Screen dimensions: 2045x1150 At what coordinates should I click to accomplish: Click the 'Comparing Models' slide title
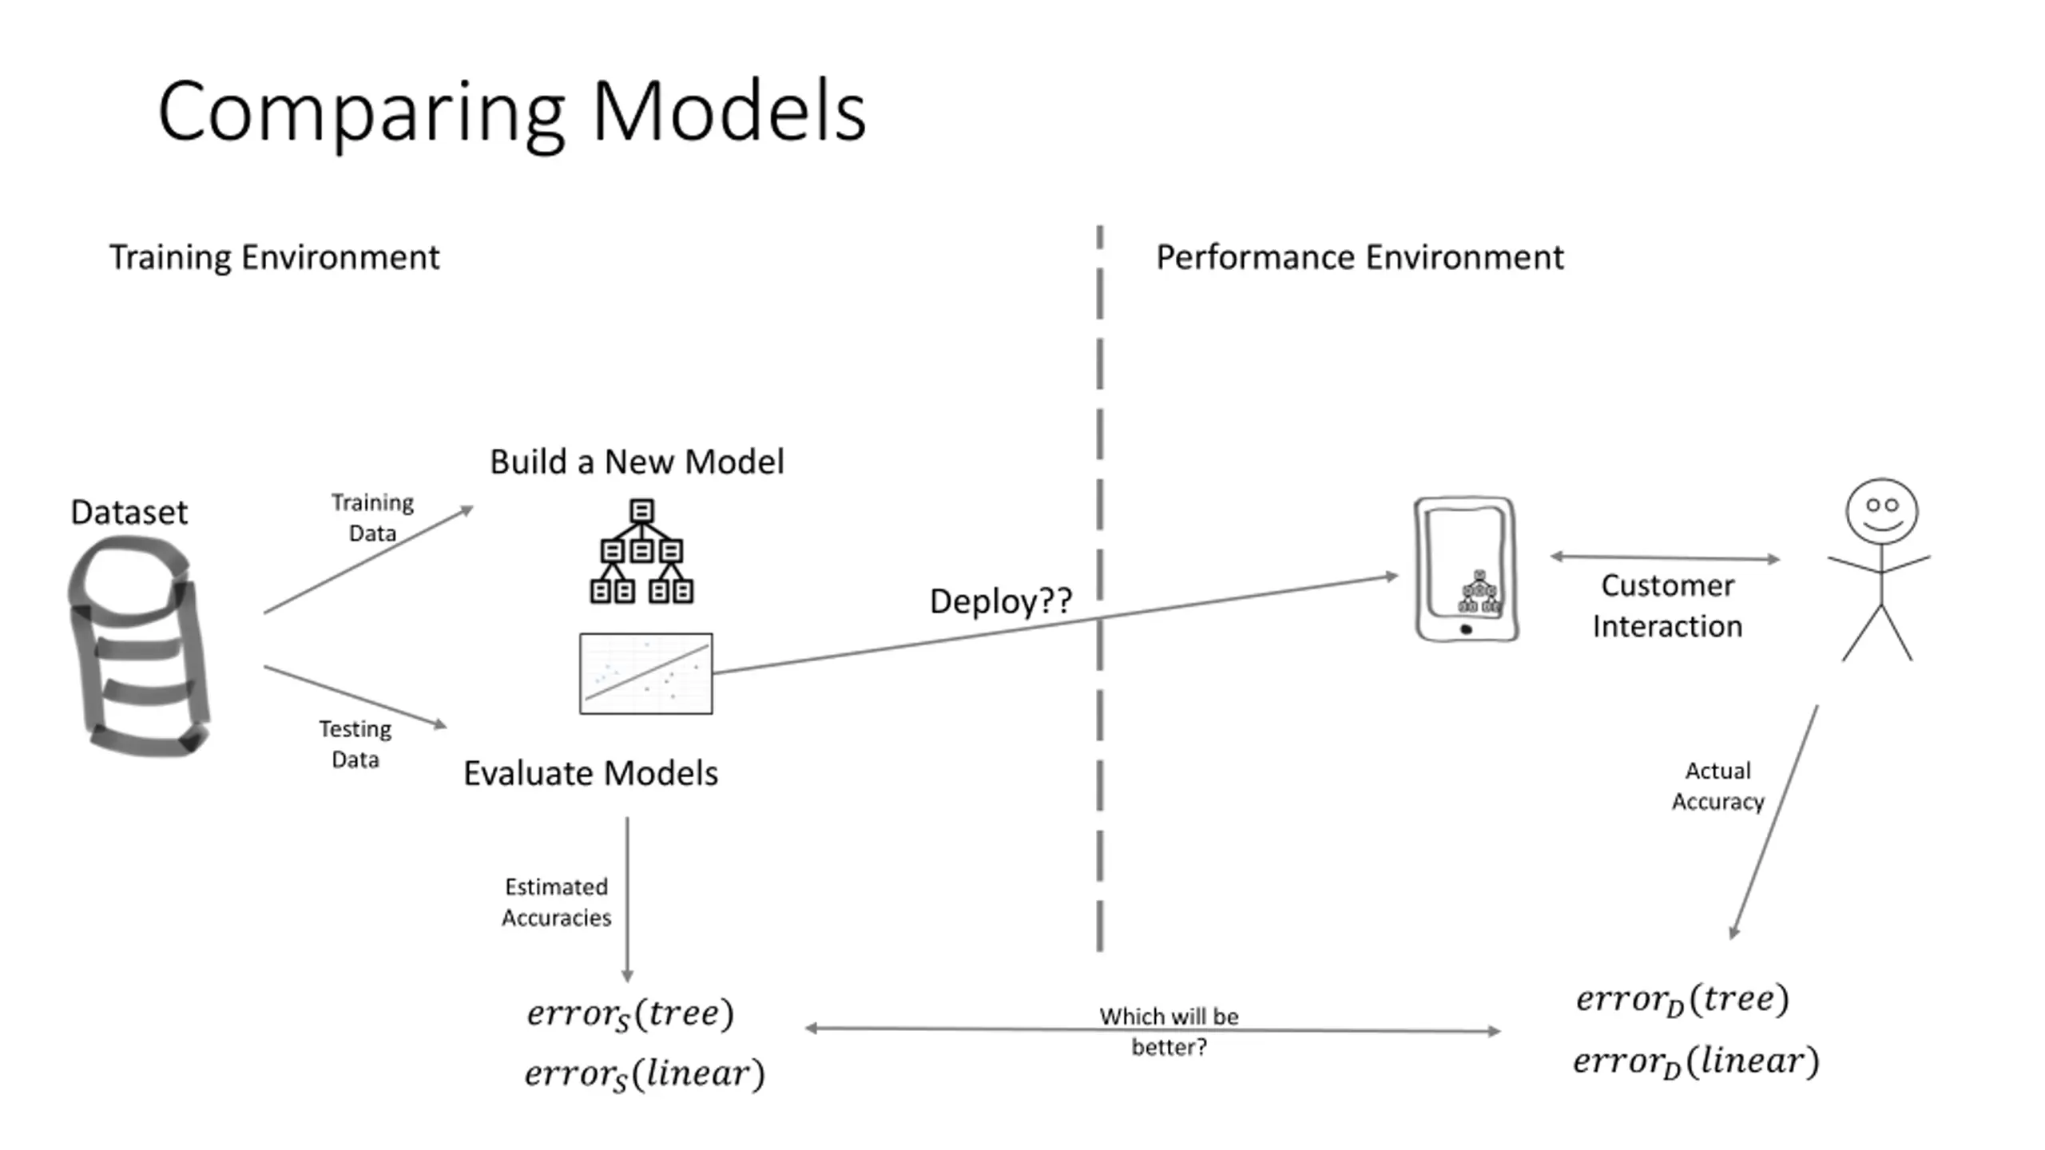point(512,112)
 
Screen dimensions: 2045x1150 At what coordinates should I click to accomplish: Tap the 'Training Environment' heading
point(274,258)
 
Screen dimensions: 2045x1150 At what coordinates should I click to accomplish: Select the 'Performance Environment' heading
point(1360,258)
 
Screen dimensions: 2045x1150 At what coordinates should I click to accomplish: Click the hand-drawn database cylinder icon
point(140,645)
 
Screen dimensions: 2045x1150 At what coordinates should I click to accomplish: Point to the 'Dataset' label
point(129,512)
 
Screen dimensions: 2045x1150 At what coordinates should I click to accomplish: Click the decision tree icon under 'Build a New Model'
point(641,551)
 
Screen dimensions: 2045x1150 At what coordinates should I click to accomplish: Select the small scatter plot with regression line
point(645,673)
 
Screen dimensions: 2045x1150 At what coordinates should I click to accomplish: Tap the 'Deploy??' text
point(1001,601)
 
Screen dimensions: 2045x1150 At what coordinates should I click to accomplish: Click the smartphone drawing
point(1466,569)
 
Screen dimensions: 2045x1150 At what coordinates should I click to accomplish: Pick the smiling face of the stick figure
point(1882,512)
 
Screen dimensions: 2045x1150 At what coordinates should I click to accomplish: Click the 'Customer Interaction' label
point(1667,606)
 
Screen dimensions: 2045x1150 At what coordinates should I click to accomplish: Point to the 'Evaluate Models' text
point(590,773)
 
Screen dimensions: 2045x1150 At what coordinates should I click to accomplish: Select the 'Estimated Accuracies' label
point(557,902)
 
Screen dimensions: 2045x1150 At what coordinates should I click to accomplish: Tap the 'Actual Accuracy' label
point(1718,786)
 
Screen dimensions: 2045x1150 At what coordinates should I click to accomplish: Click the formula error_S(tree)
point(630,1014)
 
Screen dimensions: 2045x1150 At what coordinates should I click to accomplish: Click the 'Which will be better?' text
point(1169,1031)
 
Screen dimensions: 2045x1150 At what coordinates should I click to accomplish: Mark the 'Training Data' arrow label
point(372,517)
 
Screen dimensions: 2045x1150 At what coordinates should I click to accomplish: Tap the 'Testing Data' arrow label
point(355,744)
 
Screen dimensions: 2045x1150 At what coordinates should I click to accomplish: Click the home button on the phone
point(1466,629)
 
